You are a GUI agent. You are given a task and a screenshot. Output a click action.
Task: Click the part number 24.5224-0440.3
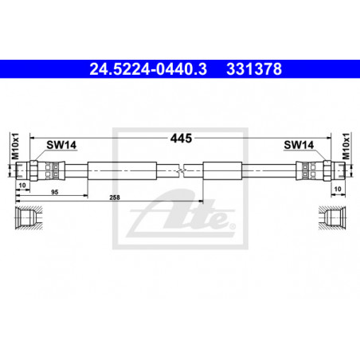pos(148,69)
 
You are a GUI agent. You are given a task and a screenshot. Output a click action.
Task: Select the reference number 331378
pos(254,69)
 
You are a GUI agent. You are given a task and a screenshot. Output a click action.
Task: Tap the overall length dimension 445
pos(181,139)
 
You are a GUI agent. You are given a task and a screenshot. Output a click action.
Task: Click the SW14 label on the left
pos(61,145)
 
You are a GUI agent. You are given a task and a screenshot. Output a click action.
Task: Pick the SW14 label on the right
pos(299,145)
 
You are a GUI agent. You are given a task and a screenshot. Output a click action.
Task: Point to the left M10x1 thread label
pos(15,147)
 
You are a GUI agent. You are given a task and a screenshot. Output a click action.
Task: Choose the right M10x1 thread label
pos(346,147)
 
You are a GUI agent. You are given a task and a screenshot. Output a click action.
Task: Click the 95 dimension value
pos(55,192)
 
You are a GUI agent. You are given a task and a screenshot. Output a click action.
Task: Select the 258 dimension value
pos(115,198)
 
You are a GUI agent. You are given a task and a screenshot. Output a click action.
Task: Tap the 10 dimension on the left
pos(22,185)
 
